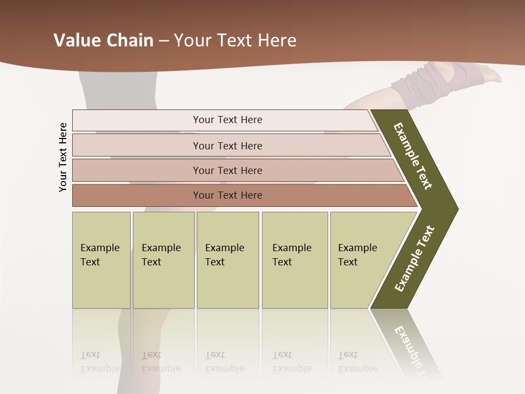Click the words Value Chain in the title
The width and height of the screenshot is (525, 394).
click(x=103, y=40)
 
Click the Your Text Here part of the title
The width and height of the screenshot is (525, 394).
click(x=235, y=40)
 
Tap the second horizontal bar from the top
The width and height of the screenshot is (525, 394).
click(x=227, y=146)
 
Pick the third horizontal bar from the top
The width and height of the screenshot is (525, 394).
click(x=227, y=170)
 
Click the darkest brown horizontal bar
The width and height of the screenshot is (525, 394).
click(x=227, y=195)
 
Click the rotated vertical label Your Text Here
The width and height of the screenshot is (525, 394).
click(x=63, y=157)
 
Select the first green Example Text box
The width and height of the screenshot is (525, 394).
click(x=101, y=260)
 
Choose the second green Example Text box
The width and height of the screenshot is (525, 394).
click(x=163, y=260)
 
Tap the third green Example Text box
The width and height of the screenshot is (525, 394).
click(x=227, y=260)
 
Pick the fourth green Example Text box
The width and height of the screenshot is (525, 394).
click(x=294, y=260)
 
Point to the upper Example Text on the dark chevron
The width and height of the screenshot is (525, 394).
click(x=413, y=156)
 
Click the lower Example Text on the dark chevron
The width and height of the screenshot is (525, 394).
click(x=415, y=259)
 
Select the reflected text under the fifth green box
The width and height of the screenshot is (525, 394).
click(x=357, y=362)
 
